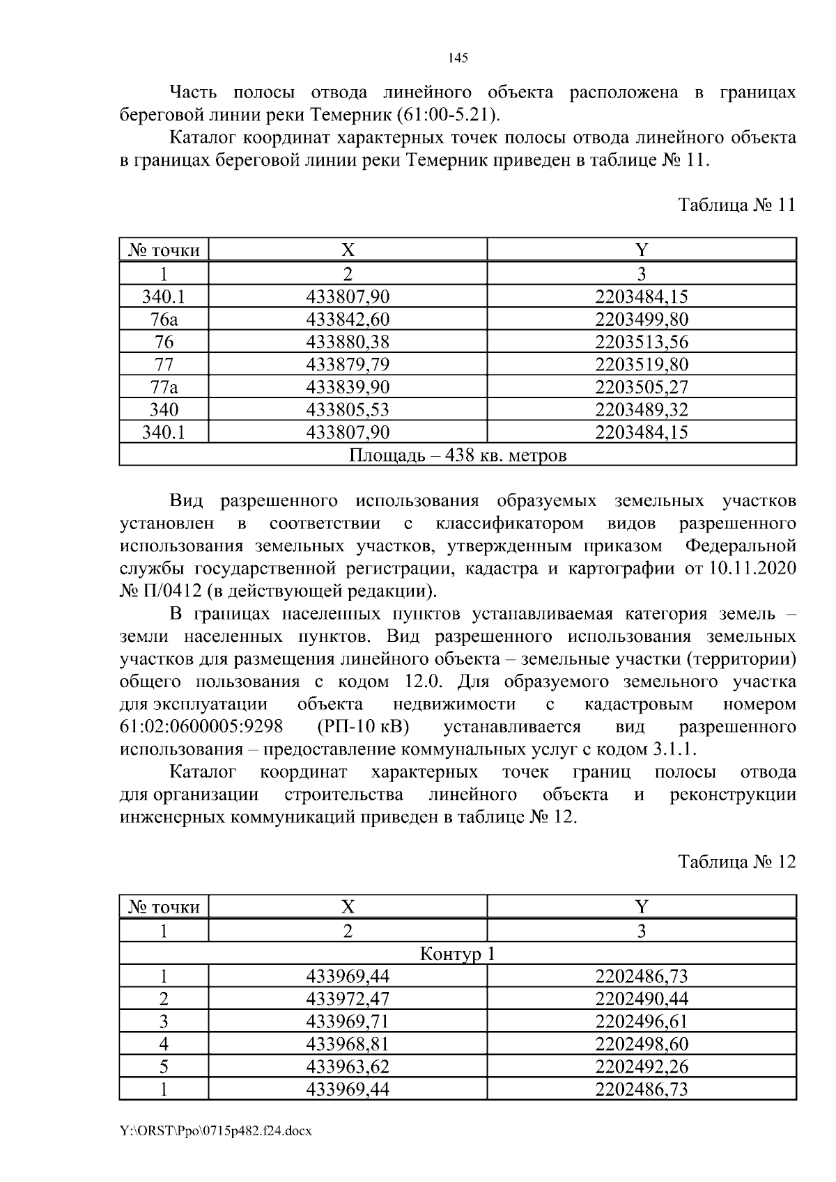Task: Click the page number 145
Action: tap(458, 58)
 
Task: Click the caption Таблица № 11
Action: tap(736, 205)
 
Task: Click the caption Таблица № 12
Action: tap(736, 862)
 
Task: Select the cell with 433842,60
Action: tap(348, 320)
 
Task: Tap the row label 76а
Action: tap(164, 320)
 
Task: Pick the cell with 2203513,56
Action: tap(641, 342)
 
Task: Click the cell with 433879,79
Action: tap(348, 364)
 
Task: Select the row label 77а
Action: tap(164, 387)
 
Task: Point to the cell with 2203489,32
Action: tap(641, 409)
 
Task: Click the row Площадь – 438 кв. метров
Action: tap(458, 455)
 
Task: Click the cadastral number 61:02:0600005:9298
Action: tap(201, 727)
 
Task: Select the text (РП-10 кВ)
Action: tap(362, 727)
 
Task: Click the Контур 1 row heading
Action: tap(458, 953)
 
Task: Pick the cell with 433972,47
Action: tap(348, 999)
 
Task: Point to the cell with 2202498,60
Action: tap(641, 1043)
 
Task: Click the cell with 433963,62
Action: tap(348, 1066)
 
